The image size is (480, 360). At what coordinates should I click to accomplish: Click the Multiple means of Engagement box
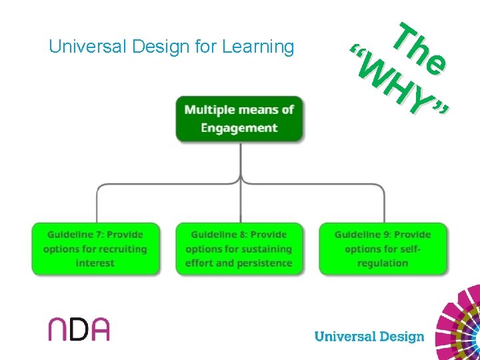coord(239,119)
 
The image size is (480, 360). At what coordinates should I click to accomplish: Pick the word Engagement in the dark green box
coord(239,127)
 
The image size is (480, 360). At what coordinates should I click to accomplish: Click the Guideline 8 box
coord(239,249)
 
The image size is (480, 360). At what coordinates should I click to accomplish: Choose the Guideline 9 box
coord(383,249)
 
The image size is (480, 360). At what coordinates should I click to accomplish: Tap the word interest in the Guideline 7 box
coord(95,263)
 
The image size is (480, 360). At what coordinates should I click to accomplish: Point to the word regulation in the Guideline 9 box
coord(383,263)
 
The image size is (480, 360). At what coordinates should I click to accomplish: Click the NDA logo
coord(79,329)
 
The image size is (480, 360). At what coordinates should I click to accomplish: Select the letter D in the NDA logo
coord(79,329)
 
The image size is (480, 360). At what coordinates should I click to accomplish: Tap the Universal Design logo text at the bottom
coord(369,336)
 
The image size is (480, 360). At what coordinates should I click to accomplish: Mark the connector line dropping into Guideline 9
coord(384,203)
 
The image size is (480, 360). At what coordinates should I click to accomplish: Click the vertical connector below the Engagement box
coord(240,160)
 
